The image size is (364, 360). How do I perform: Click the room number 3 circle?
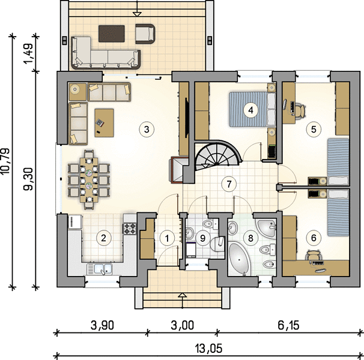[x=147, y=129]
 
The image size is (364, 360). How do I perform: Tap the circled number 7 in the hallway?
[x=229, y=184]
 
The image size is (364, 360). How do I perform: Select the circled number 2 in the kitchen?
[x=103, y=238]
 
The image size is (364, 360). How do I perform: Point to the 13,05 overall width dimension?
[x=208, y=348]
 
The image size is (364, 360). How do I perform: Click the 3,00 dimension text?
[x=182, y=325]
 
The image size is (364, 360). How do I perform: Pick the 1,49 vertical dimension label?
[x=29, y=53]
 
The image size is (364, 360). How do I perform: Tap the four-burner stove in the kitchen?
[x=130, y=228]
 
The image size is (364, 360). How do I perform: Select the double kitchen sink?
[x=100, y=269]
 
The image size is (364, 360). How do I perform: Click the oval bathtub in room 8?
[x=240, y=259]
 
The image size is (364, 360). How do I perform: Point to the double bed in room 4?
[x=252, y=109]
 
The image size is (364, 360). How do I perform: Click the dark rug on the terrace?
[x=112, y=34]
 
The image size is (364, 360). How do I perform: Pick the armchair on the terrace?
[x=145, y=34]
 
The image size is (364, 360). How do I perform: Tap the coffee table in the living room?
[x=105, y=123]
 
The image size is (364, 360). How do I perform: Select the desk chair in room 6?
[x=314, y=254]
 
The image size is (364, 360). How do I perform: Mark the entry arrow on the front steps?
[x=183, y=300]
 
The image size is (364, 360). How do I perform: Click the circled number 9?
[x=202, y=238]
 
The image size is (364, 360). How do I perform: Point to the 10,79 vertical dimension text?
[x=5, y=161]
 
